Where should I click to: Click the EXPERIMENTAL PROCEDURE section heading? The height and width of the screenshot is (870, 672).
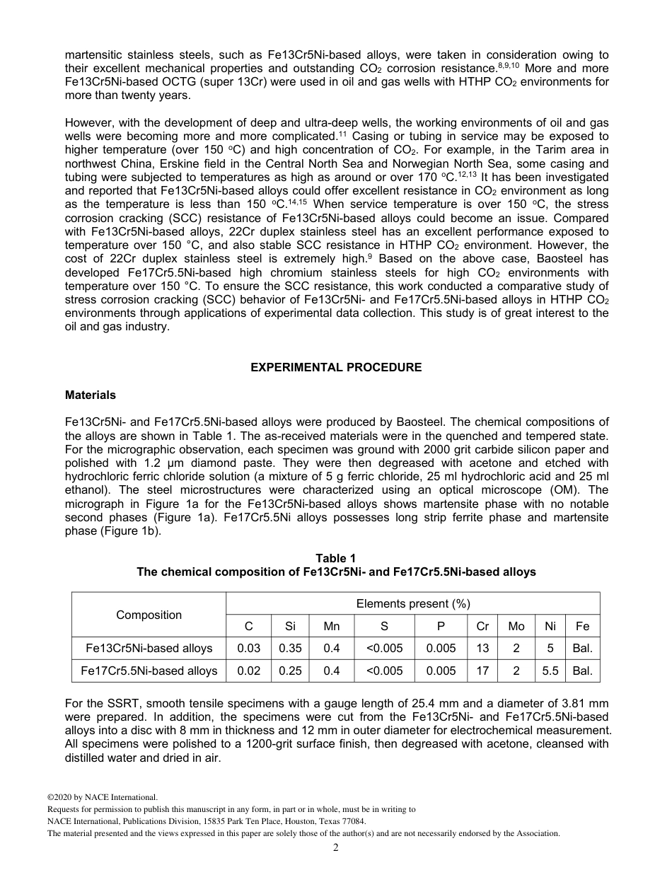[336, 367]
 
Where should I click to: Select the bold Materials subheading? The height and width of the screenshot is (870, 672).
[91, 395]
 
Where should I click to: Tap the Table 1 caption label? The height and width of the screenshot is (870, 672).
[336, 559]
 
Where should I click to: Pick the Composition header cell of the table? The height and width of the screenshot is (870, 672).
[149, 615]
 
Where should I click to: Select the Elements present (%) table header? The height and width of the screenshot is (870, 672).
[412, 603]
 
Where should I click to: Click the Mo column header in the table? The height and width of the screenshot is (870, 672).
[516, 626]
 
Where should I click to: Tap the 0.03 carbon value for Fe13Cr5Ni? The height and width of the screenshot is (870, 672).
[248, 648]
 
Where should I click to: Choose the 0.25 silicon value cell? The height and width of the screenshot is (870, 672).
[290, 671]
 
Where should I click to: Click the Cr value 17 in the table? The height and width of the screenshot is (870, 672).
[482, 671]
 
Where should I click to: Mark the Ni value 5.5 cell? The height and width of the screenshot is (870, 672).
[550, 671]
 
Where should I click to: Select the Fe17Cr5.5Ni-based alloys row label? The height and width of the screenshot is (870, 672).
[149, 671]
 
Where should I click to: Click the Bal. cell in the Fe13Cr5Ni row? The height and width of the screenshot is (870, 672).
[582, 648]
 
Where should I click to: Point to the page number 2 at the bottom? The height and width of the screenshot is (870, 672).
[336, 847]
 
